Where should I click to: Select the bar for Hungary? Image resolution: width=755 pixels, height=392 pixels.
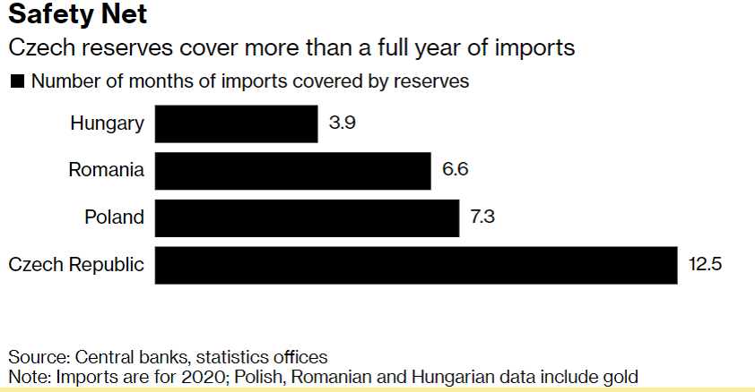[236, 124]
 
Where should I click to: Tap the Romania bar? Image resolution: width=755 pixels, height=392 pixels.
[292, 170]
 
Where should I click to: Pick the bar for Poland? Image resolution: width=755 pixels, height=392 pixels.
[307, 217]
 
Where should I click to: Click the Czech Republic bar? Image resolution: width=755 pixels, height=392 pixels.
[416, 265]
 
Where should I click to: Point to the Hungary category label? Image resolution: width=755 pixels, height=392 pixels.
[107, 124]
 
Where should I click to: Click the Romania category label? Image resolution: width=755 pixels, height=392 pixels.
[106, 170]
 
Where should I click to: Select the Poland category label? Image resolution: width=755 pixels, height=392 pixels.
[114, 217]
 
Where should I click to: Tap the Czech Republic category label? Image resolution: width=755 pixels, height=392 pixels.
[76, 265]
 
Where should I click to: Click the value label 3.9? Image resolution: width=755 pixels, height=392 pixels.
[343, 124]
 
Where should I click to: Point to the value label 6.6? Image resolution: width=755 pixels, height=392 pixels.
[456, 170]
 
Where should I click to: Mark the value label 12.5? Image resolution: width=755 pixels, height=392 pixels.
[705, 265]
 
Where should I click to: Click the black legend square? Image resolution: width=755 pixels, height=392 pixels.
[16, 81]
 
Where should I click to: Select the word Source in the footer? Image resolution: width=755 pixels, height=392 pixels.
[33, 356]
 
